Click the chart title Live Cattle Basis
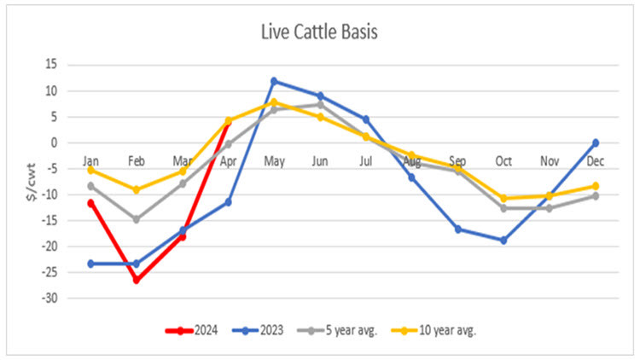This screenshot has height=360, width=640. coord(320,32)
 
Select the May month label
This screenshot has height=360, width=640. coord(275,160)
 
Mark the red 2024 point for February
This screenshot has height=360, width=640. coord(137,280)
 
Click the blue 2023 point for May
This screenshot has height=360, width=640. coord(275,81)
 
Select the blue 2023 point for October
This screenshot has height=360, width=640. coord(503,241)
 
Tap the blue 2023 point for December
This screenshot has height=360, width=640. coord(595,142)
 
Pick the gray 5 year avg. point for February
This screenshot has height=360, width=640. coord(137,219)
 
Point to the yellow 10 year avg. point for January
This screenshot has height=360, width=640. coord(90,170)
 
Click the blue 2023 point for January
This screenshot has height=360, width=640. coord(90,264)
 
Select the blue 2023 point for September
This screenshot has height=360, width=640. coord(458,229)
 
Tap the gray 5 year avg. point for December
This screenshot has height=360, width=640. coord(595,196)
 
